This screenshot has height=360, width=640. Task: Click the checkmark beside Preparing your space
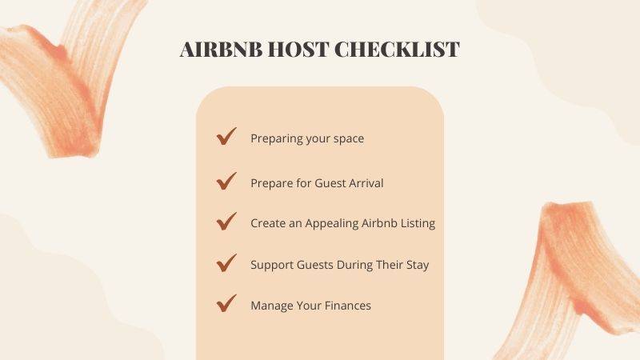[226, 137]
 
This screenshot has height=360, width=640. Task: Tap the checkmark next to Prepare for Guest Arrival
[226, 181]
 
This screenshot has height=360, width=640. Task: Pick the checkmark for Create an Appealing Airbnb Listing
[226, 222]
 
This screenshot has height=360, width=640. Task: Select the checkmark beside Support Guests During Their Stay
[226, 262]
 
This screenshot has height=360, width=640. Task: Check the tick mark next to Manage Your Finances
[226, 303]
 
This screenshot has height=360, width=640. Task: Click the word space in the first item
[348, 139]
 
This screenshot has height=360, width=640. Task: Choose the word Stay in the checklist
[417, 265]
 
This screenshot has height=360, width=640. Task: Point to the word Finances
[347, 306]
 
